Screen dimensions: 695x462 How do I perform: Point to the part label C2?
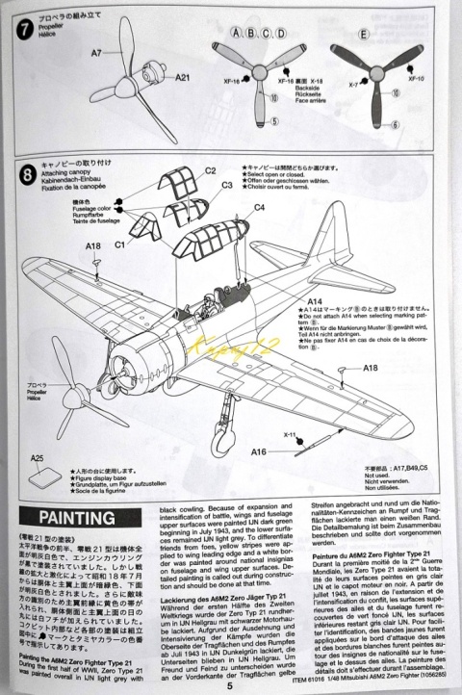[210, 169]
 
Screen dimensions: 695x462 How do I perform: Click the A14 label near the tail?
[315, 300]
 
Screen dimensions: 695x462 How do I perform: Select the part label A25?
[37, 458]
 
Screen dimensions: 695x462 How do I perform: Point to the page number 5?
[229, 685]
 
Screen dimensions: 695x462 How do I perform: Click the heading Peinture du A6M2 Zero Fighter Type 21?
[372, 557]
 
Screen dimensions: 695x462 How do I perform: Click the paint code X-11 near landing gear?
[291, 434]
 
